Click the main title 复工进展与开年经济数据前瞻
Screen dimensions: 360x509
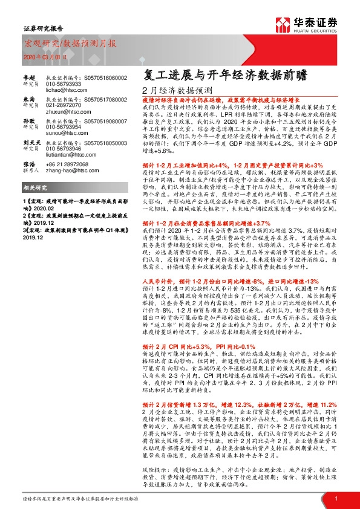225,75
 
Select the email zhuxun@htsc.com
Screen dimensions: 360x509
64,112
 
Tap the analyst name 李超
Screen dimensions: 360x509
29,78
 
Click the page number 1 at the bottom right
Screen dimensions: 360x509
335,498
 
